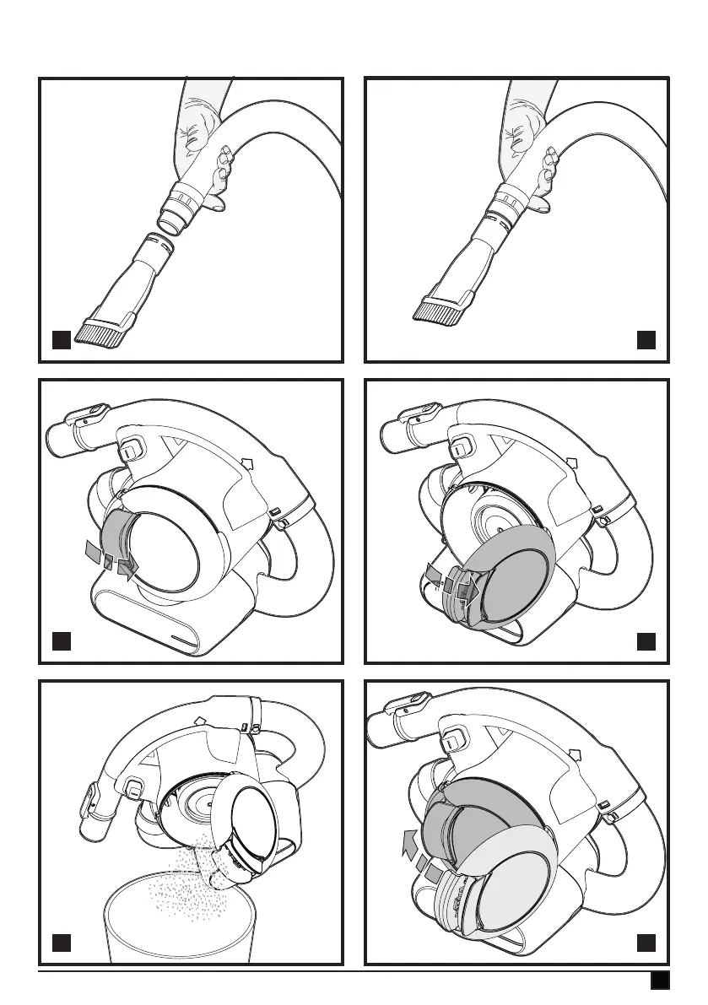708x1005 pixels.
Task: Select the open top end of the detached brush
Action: tap(157, 241)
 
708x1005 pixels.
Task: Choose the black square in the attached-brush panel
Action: tap(646, 340)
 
